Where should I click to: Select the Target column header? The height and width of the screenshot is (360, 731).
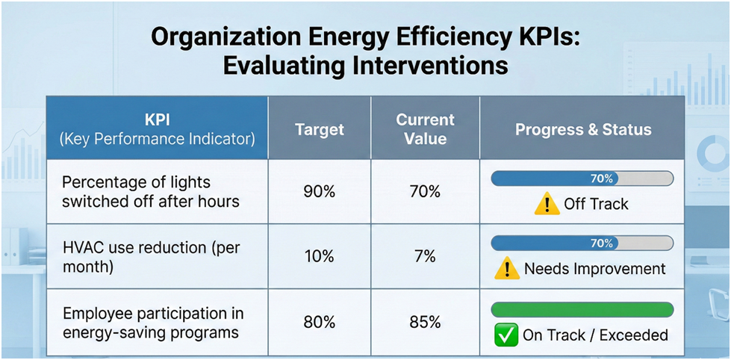click(320, 129)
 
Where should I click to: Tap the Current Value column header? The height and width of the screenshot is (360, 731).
click(426, 129)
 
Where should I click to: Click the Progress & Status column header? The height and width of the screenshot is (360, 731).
click(583, 129)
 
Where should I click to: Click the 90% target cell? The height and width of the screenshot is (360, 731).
click(320, 191)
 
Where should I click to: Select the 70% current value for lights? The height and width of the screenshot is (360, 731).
click(426, 191)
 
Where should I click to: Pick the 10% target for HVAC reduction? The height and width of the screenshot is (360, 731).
click(320, 256)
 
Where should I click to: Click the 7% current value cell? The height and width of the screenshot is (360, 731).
click(426, 256)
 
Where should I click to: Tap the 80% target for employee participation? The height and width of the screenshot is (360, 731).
click(320, 322)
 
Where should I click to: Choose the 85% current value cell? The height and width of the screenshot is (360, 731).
click(426, 322)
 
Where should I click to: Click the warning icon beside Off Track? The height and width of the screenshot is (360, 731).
click(547, 203)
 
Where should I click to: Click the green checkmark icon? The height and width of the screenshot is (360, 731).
click(506, 335)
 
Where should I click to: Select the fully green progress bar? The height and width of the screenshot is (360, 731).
click(582, 309)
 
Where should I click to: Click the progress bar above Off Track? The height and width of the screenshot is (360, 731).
click(582, 179)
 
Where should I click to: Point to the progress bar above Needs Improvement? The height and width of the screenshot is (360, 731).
click(582, 243)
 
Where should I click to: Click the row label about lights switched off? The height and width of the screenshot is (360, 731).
click(136, 191)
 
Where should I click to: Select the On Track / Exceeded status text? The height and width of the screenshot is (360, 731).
click(595, 335)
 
